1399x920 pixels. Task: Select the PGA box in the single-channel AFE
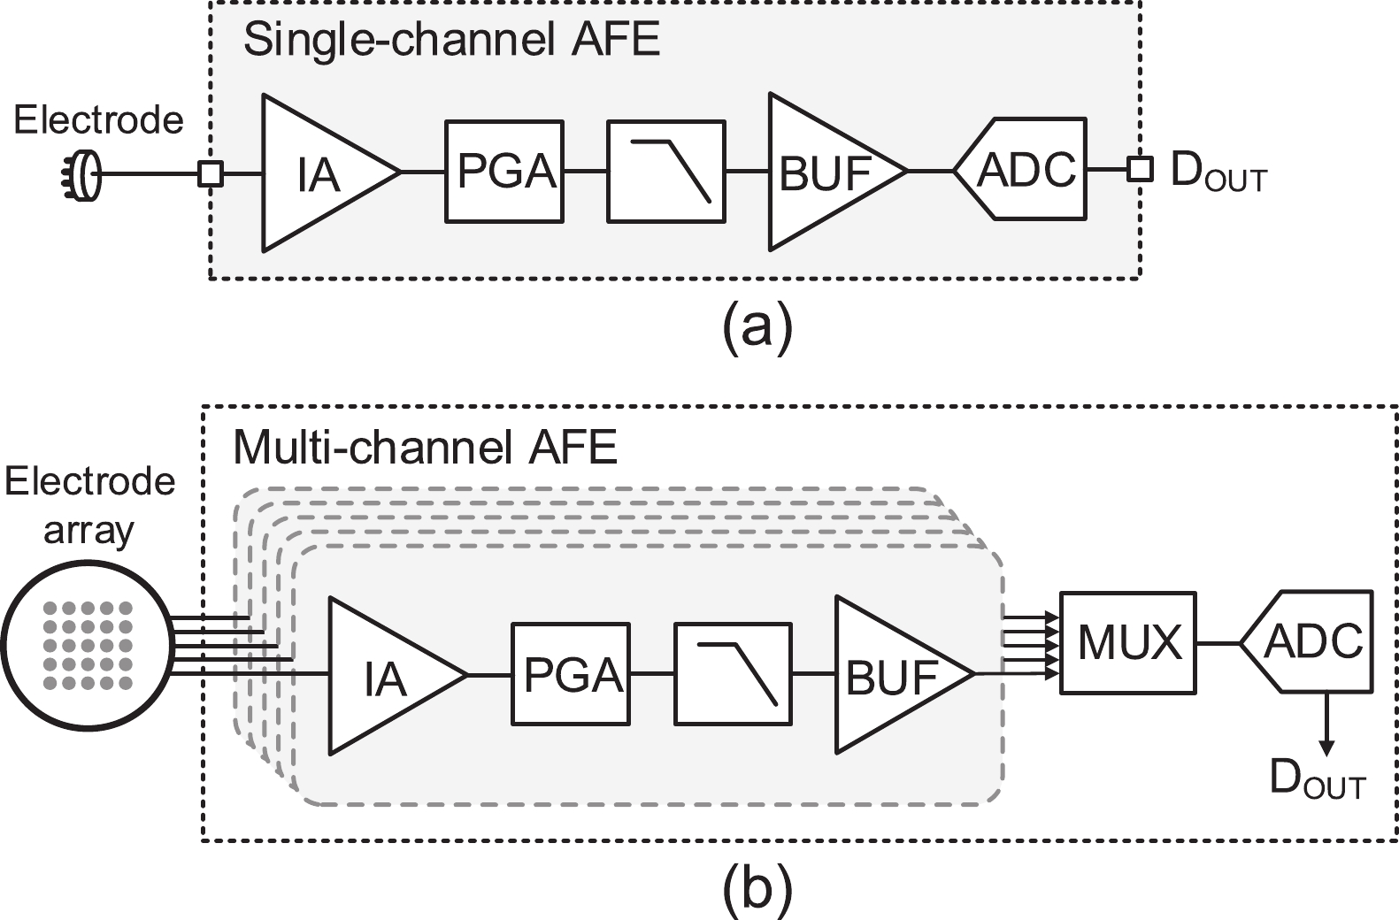[504, 171]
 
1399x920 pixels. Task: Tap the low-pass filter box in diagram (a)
[665, 171]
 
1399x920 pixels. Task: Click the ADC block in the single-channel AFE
[1025, 169]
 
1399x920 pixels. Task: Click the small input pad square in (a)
[210, 173]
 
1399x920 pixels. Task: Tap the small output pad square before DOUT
[1140, 169]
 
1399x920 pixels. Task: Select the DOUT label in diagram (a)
[1218, 172]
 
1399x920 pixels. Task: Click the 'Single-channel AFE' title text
[451, 40]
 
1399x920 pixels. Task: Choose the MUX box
[1128, 642]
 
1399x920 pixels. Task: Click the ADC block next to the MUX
[1311, 641]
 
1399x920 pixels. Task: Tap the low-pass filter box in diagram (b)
[733, 674]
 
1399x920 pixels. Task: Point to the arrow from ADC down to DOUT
[1325, 722]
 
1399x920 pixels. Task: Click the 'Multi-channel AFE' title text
[425, 448]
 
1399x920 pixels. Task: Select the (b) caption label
[757, 889]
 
